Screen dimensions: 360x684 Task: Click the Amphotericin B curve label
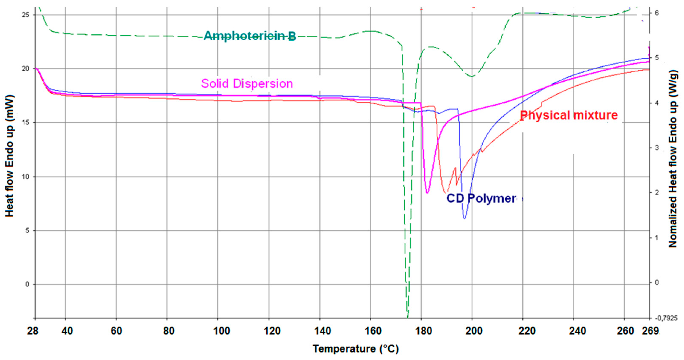250,36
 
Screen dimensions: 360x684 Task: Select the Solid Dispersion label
247,84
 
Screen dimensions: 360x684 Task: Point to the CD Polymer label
481,198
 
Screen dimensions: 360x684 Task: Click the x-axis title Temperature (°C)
356,348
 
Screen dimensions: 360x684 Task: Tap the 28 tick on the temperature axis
33,331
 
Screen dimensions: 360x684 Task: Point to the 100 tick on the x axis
221,331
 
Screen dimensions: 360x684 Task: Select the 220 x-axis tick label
527,331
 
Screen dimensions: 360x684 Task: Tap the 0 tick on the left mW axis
27,284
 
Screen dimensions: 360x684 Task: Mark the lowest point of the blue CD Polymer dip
464,218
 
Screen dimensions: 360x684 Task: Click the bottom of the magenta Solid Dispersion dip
427,193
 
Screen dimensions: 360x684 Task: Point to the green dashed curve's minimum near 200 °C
472,77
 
